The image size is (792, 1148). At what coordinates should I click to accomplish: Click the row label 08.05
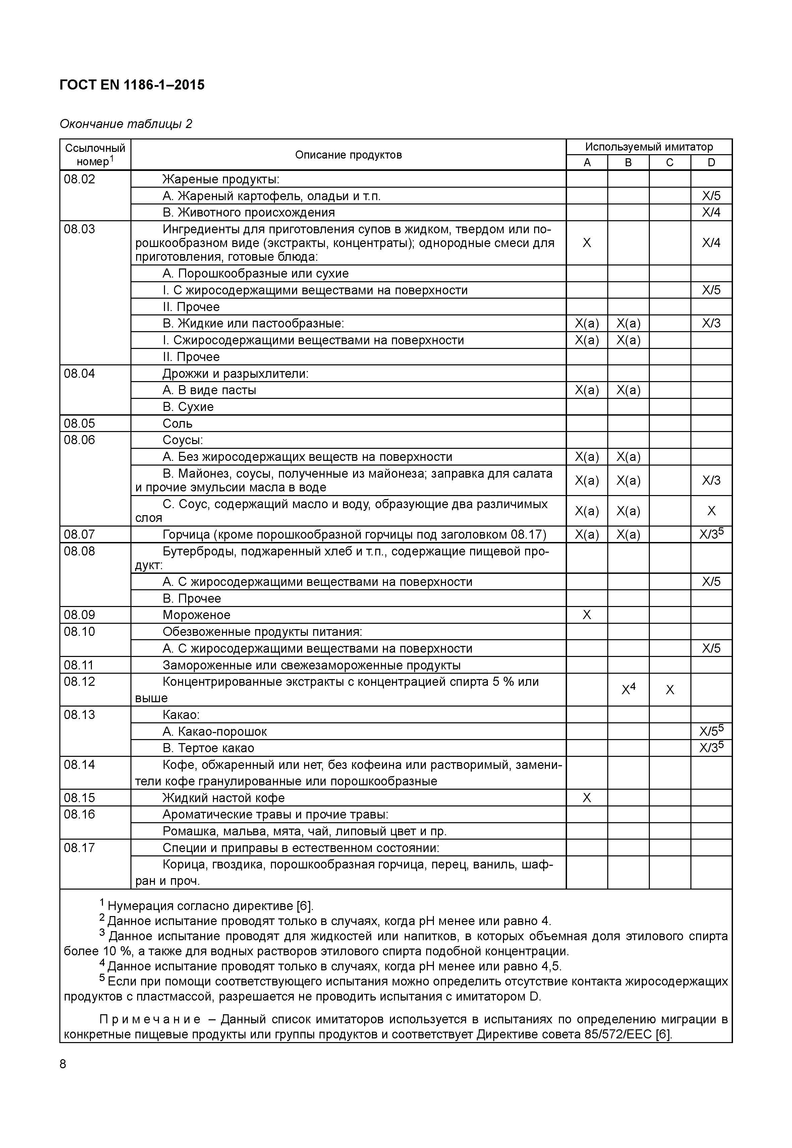tap(79, 423)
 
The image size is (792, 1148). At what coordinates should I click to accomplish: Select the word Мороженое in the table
tap(196, 615)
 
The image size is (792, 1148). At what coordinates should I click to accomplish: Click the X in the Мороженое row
tap(586, 615)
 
